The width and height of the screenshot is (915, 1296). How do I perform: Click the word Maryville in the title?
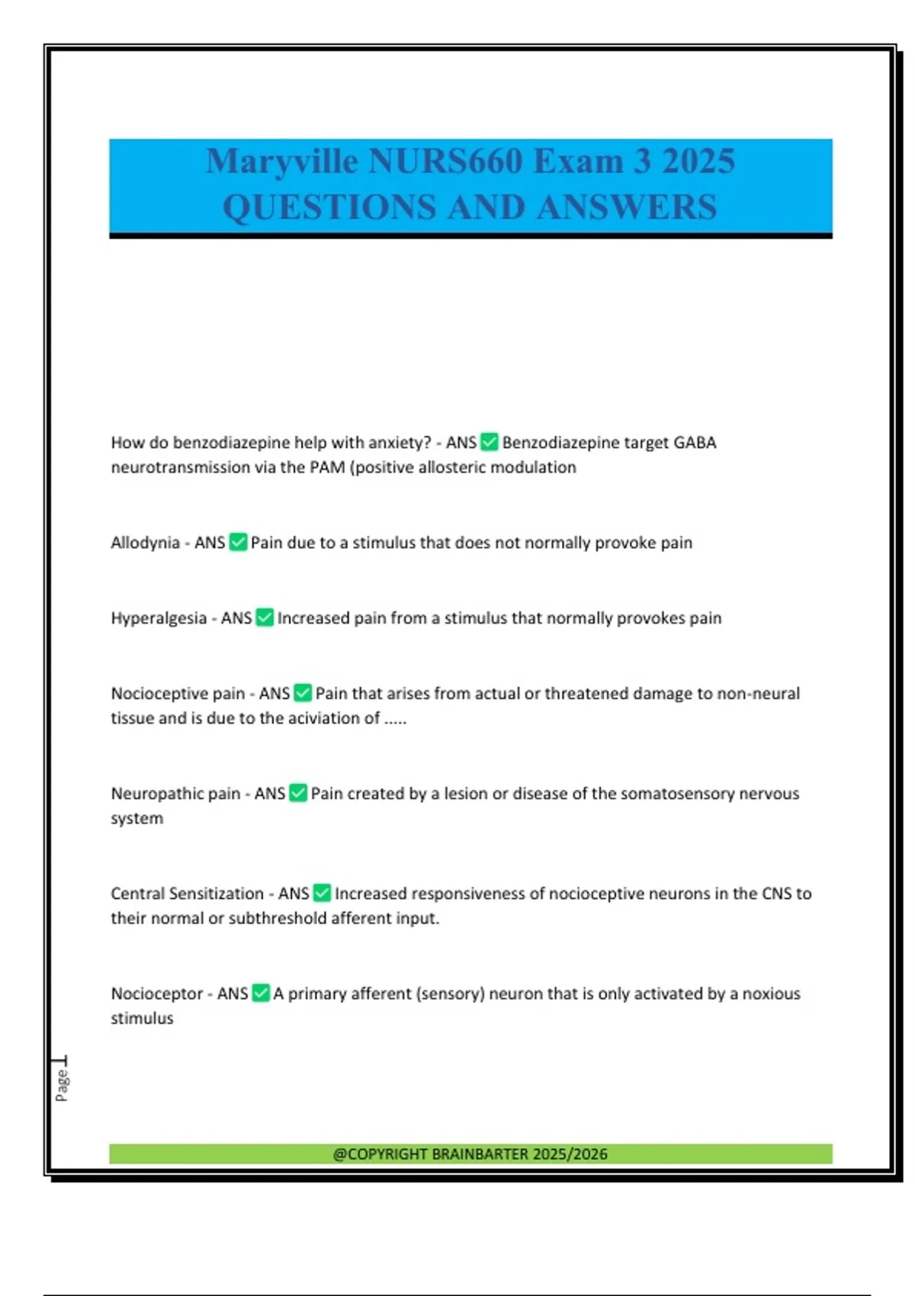281,162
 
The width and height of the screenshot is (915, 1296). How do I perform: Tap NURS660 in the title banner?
445,162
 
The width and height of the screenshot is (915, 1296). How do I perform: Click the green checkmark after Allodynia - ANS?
238,542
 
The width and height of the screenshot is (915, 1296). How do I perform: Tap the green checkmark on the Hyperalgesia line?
265,618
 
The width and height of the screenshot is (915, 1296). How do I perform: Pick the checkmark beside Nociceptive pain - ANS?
303,693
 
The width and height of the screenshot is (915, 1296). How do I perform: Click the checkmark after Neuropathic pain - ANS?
298,793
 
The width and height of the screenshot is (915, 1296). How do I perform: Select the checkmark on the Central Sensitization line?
322,893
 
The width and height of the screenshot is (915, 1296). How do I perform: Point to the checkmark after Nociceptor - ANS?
261,993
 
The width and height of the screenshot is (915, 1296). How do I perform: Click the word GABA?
695,442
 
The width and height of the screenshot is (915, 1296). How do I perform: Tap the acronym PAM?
327,467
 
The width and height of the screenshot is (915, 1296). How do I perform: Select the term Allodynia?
145,543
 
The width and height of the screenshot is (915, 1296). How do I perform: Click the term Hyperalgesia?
159,618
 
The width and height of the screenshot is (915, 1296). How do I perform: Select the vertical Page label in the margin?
62,1084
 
